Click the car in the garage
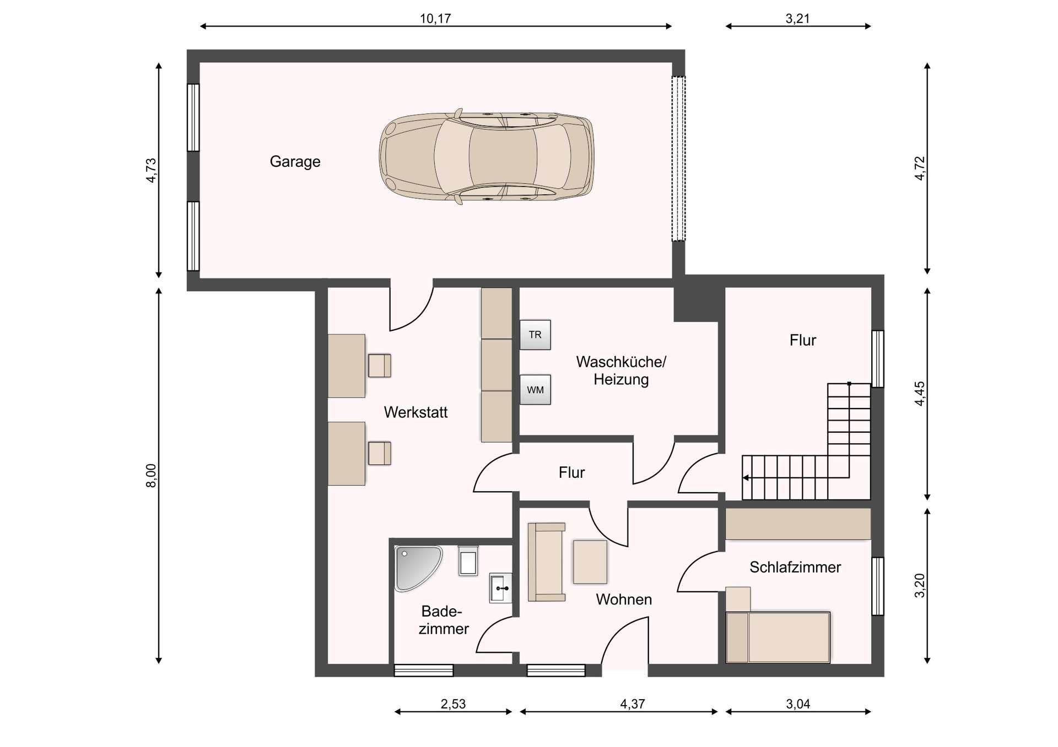(486, 157)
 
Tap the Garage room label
(295, 161)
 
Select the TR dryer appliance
(535, 335)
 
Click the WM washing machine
(535, 390)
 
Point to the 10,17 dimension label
(435, 19)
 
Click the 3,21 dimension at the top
(797, 19)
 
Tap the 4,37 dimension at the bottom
(632, 704)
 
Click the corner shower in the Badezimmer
(415, 567)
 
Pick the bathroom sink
(500, 588)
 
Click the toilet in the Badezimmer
(468, 561)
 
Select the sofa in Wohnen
(546, 562)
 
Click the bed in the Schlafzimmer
(778, 637)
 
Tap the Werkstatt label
(415, 412)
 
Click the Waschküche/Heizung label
(621, 370)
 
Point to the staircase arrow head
(746, 477)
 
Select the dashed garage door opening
(678, 159)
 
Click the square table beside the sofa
(590, 561)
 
